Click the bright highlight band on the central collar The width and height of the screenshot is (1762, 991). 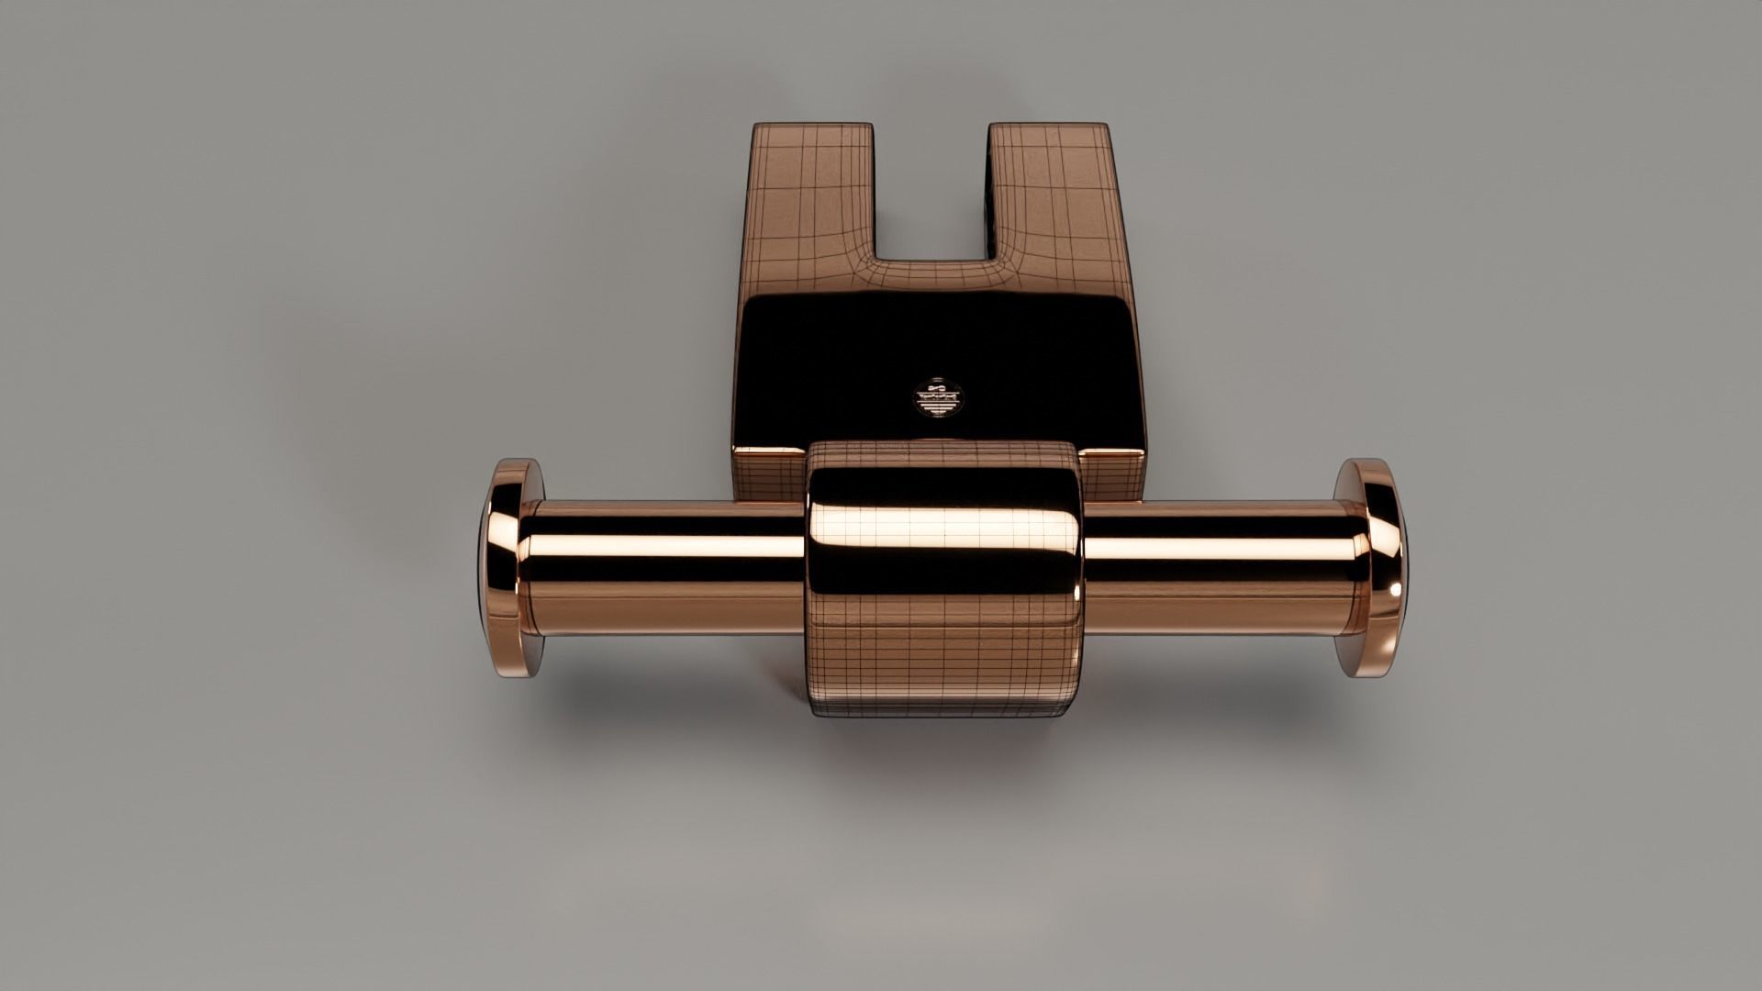point(945,529)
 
